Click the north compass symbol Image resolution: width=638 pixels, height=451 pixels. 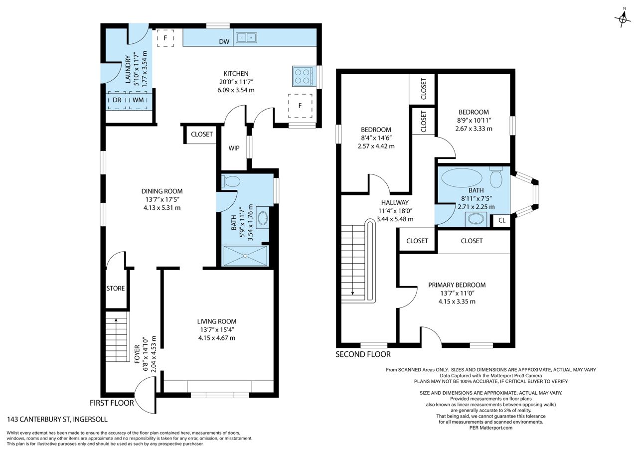tap(623, 18)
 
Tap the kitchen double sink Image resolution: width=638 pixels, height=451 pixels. tap(246, 37)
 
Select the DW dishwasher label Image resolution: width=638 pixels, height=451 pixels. tap(224, 41)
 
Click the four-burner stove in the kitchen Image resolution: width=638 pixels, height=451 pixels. tap(304, 76)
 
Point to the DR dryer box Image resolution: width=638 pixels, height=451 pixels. tap(117, 100)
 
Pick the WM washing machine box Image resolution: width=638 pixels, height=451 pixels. tap(138, 100)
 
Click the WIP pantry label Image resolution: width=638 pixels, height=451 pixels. tap(234, 148)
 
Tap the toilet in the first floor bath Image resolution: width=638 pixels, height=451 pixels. tap(231, 181)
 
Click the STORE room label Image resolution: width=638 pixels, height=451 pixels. tap(115, 289)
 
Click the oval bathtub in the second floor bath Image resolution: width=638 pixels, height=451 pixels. tap(462, 177)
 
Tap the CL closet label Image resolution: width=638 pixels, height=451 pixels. tap(502, 220)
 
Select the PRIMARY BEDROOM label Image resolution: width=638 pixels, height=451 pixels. tap(457, 285)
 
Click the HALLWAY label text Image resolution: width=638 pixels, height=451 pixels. tap(395, 203)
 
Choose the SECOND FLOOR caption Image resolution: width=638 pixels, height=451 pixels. tap(363, 354)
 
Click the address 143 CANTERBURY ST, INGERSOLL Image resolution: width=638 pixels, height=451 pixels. tap(57, 420)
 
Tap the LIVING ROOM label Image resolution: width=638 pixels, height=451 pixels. tap(217, 321)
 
